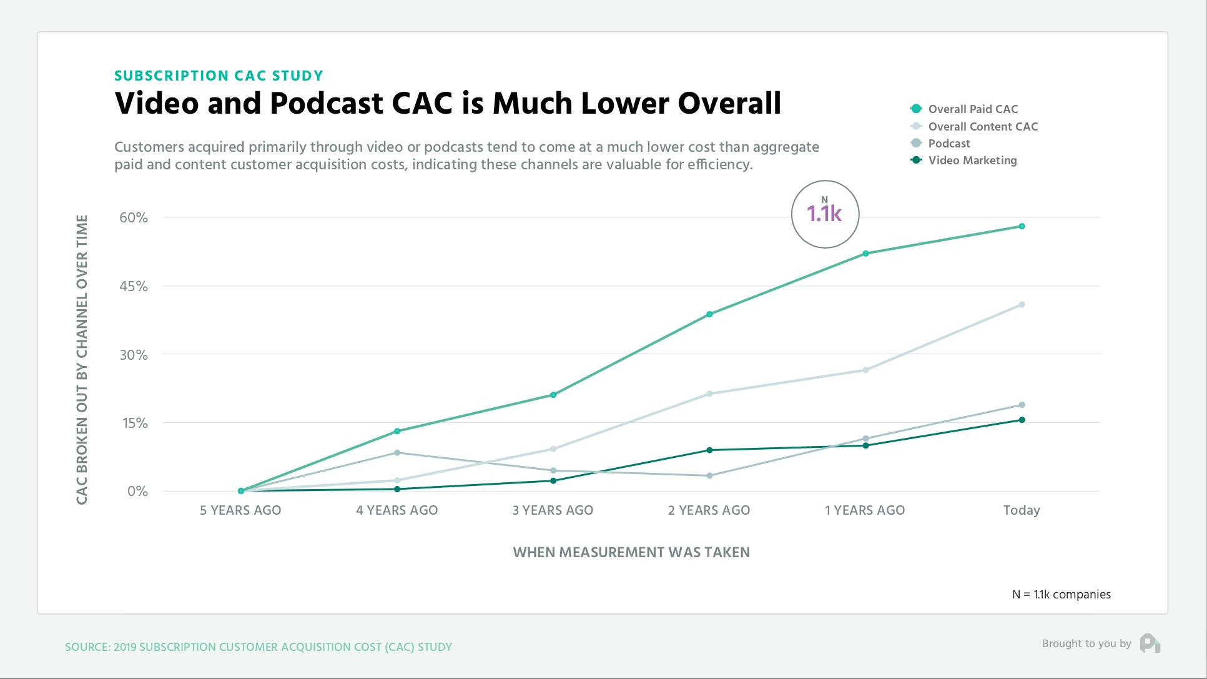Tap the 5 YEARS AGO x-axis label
click(240, 510)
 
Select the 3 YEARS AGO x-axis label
click(553, 510)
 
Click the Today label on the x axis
click(1022, 510)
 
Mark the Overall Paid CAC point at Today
click(1022, 226)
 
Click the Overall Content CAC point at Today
click(1022, 305)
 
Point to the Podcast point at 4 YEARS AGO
click(397, 452)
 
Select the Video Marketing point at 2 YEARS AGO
click(709, 450)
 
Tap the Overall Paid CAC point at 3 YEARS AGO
click(553, 395)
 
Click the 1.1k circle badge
click(825, 214)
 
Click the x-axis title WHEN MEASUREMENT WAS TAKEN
click(631, 552)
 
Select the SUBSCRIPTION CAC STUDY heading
click(219, 76)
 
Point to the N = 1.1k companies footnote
click(1061, 595)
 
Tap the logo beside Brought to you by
click(1150, 643)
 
